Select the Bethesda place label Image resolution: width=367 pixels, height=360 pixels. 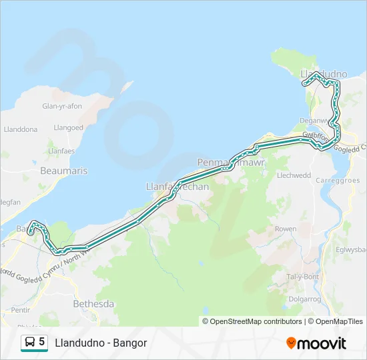[93, 304]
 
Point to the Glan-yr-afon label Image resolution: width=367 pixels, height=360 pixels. [62, 106]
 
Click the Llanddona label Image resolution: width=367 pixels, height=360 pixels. [21, 129]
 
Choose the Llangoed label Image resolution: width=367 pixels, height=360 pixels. [69, 127]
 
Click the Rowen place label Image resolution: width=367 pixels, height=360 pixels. [286, 229]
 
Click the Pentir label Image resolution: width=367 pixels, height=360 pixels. [21, 311]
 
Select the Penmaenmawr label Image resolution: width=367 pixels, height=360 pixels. [223, 162]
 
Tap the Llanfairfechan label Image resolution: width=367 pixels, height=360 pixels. [177, 187]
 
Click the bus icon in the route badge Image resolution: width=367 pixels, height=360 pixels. [30, 343]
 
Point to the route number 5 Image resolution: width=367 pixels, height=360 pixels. [42, 342]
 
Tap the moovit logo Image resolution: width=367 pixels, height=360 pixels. [316, 343]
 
